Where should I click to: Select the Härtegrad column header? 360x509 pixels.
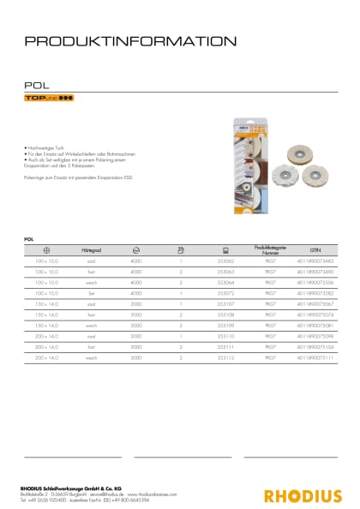tap(86, 247)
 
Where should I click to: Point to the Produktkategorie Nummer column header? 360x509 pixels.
tap(267, 247)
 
